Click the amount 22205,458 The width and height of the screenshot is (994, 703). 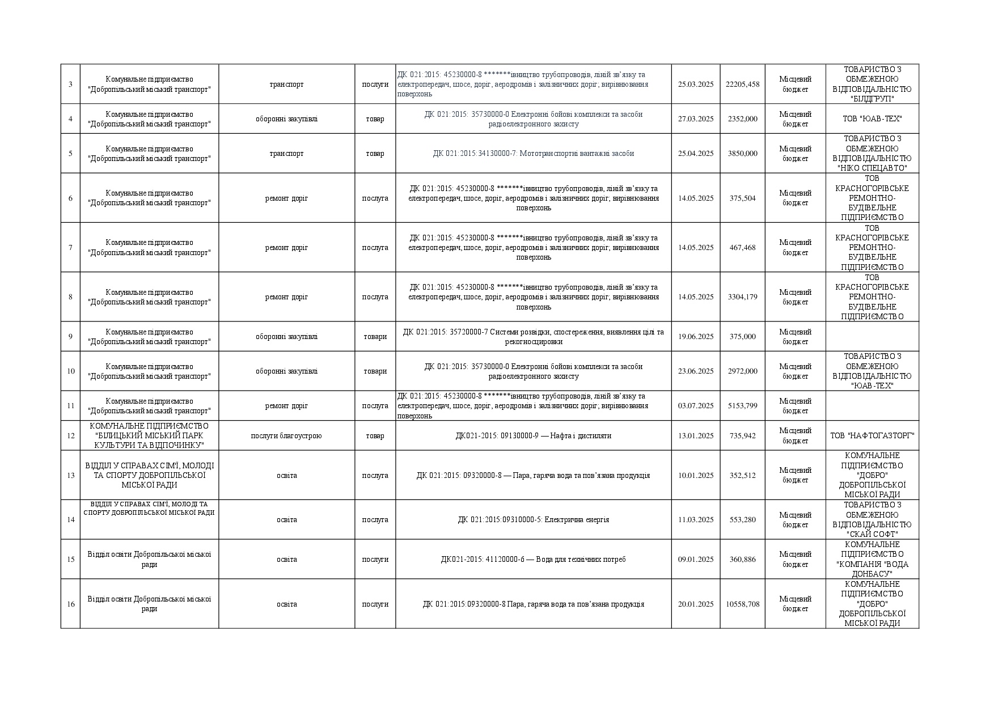742,84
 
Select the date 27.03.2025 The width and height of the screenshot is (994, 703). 695,119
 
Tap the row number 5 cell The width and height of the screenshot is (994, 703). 70,154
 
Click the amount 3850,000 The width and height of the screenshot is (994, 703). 742,154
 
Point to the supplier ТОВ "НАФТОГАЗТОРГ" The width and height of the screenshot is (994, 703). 872,436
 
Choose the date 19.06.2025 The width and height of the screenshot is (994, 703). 695,337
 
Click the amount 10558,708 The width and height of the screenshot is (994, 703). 742,604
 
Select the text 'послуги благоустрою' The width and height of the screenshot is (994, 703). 286,436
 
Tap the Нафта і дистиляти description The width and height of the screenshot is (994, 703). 533,436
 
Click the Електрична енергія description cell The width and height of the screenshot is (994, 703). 533,520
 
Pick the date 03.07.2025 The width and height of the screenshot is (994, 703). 695,406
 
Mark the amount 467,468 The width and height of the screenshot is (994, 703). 742,248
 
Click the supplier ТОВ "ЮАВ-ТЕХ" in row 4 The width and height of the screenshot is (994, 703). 872,119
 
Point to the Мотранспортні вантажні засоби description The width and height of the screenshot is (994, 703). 533,154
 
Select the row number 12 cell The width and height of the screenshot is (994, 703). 70,436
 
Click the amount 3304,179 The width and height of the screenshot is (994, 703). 742,297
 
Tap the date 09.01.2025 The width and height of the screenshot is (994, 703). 695,560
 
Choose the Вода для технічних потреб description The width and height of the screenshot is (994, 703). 533,560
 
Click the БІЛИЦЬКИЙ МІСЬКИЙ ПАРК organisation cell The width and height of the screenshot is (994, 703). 149,436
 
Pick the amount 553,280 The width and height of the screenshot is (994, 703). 742,520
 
